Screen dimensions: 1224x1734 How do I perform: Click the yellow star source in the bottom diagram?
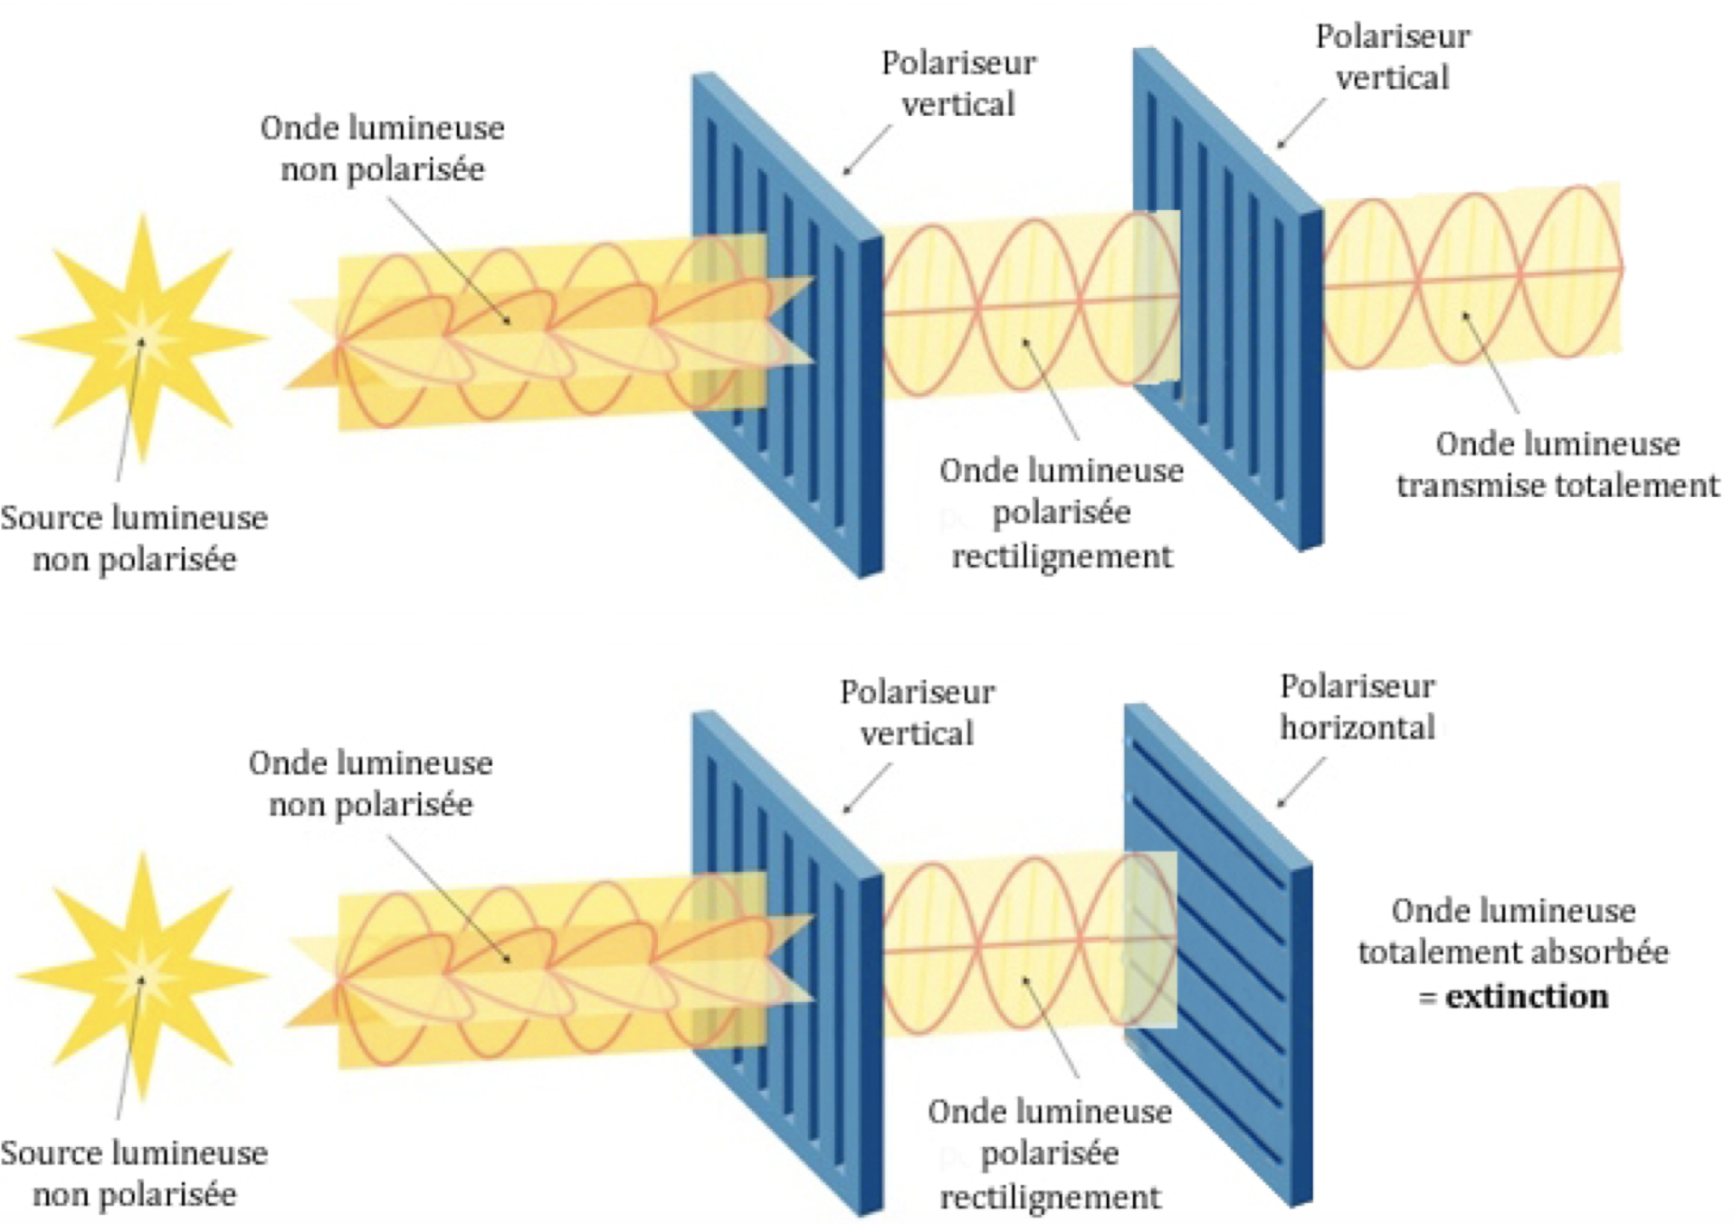pos(142,976)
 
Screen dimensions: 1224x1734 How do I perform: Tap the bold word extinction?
pos(1526,997)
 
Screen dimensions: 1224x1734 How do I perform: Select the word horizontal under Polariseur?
pos(1357,728)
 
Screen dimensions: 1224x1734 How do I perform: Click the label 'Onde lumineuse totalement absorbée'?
pos(1513,932)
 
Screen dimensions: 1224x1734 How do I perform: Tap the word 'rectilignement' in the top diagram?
pos(1062,556)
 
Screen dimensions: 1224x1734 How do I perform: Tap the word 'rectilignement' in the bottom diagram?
pos(1050,1197)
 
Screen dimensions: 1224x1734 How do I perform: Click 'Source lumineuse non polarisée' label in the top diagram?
pos(134,539)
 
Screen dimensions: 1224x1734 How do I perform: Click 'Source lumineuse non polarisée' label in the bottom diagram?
pos(134,1173)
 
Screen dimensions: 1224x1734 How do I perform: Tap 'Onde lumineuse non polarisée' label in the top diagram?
pos(382,148)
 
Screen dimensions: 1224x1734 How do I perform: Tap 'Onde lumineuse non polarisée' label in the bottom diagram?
pos(370,783)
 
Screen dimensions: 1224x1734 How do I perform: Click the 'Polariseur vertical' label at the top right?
pos(1392,57)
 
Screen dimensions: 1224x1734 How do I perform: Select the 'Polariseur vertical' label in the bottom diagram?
pos(917,712)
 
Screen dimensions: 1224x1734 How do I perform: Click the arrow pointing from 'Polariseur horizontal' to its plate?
pos(1301,781)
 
